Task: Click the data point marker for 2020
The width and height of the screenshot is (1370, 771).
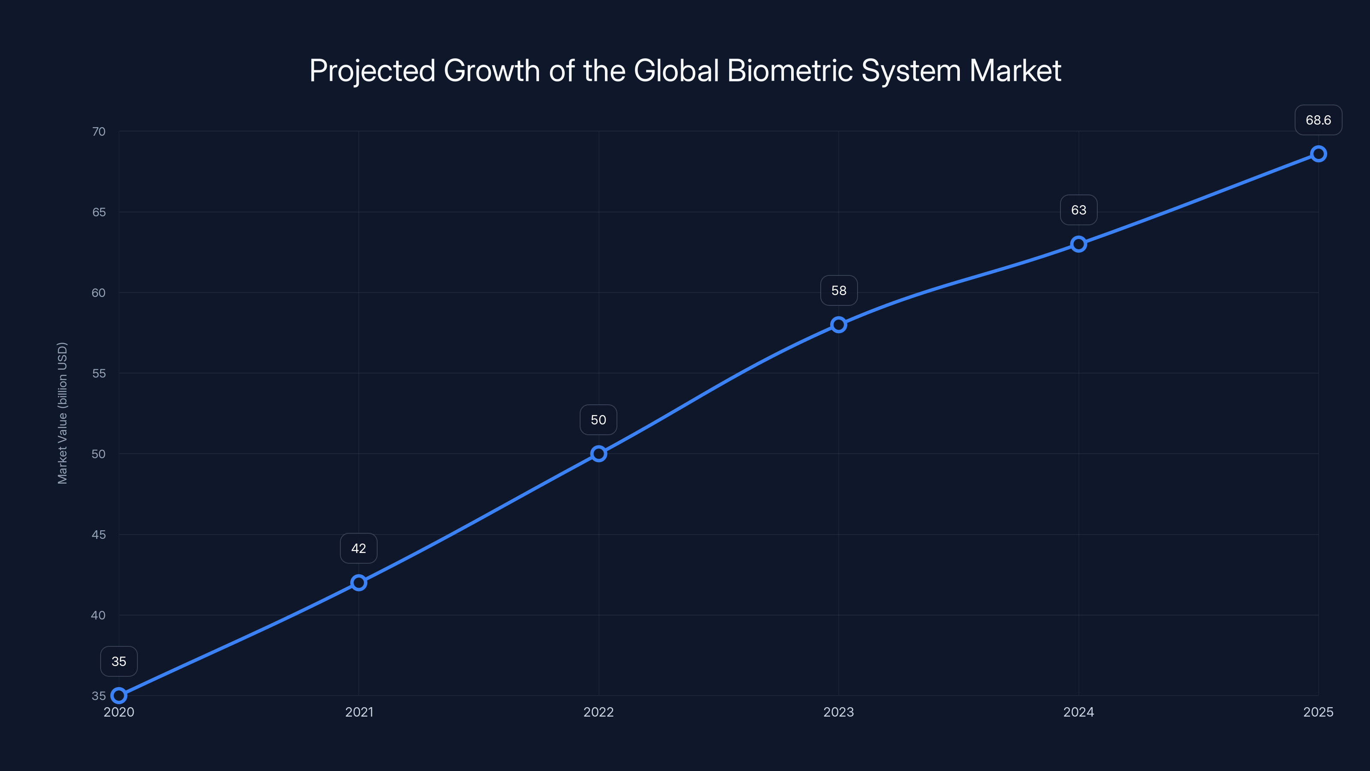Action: click(x=119, y=696)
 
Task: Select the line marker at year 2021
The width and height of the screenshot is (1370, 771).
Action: click(x=359, y=583)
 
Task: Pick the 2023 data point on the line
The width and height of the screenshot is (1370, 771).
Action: click(x=839, y=325)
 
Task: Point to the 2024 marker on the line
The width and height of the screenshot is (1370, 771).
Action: click(x=1078, y=244)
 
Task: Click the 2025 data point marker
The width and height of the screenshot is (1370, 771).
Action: click(x=1319, y=154)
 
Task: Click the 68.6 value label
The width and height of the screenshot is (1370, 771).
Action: click(x=1319, y=120)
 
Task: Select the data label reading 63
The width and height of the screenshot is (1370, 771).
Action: click(x=1078, y=210)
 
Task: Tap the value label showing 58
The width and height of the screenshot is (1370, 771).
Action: click(x=839, y=290)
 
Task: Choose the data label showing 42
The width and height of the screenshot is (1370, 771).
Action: click(x=359, y=549)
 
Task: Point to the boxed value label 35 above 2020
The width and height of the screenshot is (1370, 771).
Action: click(x=119, y=661)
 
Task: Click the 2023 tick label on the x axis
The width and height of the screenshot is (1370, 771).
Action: click(x=839, y=712)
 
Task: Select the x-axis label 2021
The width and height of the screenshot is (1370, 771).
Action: click(x=359, y=712)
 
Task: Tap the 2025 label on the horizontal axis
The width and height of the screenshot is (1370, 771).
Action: click(x=1319, y=712)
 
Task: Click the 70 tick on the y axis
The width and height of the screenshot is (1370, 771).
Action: click(x=99, y=131)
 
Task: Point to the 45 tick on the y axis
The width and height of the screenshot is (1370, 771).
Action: click(x=99, y=535)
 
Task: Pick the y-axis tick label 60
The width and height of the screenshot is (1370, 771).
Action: click(x=99, y=293)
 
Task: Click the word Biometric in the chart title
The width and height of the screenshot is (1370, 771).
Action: click(x=790, y=71)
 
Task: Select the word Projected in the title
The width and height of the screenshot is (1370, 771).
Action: click(x=372, y=71)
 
